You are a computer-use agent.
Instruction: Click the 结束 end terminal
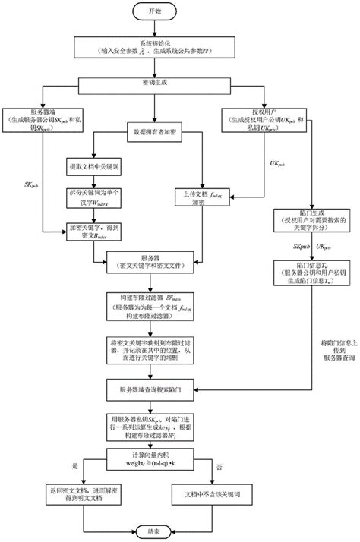click(153, 529)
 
